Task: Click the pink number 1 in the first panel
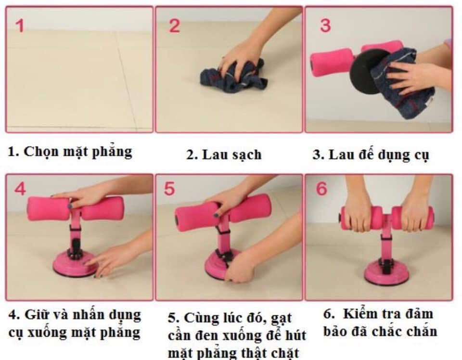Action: click(20, 26)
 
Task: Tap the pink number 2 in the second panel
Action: click(174, 26)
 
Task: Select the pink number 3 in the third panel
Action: click(325, 26)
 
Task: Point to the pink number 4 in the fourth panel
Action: click(20, 189)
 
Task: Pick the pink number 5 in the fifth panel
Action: click(169, 189)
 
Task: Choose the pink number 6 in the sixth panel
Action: click(321, 189)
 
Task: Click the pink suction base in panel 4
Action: click(76, 264)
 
